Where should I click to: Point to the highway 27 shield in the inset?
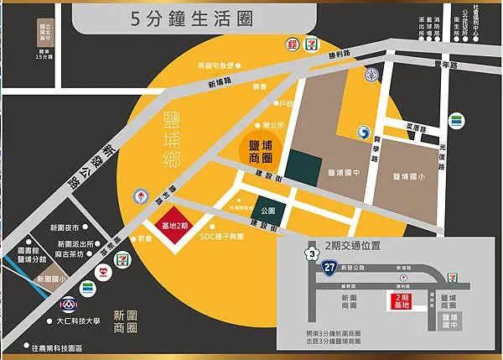[331, 268]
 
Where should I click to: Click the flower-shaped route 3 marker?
[312, 251]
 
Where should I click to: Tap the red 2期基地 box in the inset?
[402, 302]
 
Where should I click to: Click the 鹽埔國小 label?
[410, 177]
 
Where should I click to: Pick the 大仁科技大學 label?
[78, 320]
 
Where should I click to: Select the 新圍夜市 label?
[64, 227]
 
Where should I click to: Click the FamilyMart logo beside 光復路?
[455, 121]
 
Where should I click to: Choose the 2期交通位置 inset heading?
[353, 245]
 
